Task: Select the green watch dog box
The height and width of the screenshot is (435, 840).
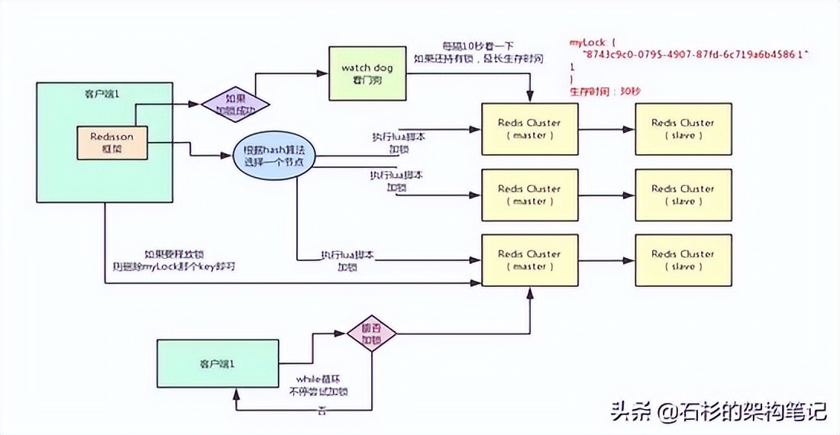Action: (367, 74)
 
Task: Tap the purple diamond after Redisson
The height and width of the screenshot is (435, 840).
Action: (235, 103)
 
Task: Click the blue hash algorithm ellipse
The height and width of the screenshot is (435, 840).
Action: (274, 155)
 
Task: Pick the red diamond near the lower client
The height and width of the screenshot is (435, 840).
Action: (372, 333)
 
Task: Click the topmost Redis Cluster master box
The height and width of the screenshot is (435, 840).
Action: (529, 128)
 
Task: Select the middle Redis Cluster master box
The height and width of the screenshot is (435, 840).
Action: (529, 195)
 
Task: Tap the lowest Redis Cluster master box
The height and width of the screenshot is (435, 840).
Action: (529, 259)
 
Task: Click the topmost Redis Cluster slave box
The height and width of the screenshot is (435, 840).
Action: (683, 128)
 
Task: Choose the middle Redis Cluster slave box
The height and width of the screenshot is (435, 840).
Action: (683, 195)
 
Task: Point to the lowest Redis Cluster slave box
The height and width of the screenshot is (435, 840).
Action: (683, 259)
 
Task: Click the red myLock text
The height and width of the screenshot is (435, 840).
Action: (586, 44)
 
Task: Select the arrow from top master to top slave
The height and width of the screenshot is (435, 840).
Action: (606, 129)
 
